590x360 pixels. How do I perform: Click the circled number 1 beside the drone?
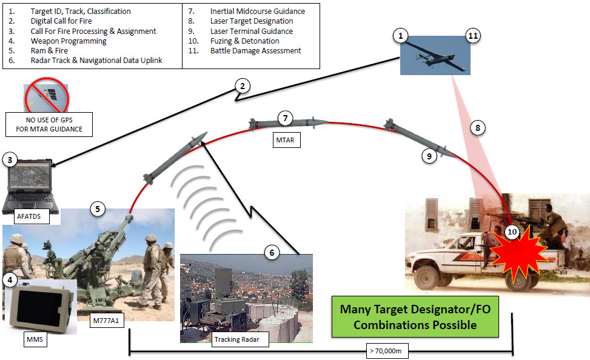pos(400,37)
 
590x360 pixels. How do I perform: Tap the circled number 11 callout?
pos(474,37)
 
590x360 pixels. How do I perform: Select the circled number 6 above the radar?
pos(273,252)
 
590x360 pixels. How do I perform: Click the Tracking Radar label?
pos(236,339)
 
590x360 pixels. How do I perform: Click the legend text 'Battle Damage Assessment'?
pos(255,51)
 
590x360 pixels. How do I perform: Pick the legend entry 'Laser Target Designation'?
pos(251,21)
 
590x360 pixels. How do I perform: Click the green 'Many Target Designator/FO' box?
pos(415,316)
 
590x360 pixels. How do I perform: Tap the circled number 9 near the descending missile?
pos(429,156)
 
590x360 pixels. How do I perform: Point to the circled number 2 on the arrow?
pos(241,86)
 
